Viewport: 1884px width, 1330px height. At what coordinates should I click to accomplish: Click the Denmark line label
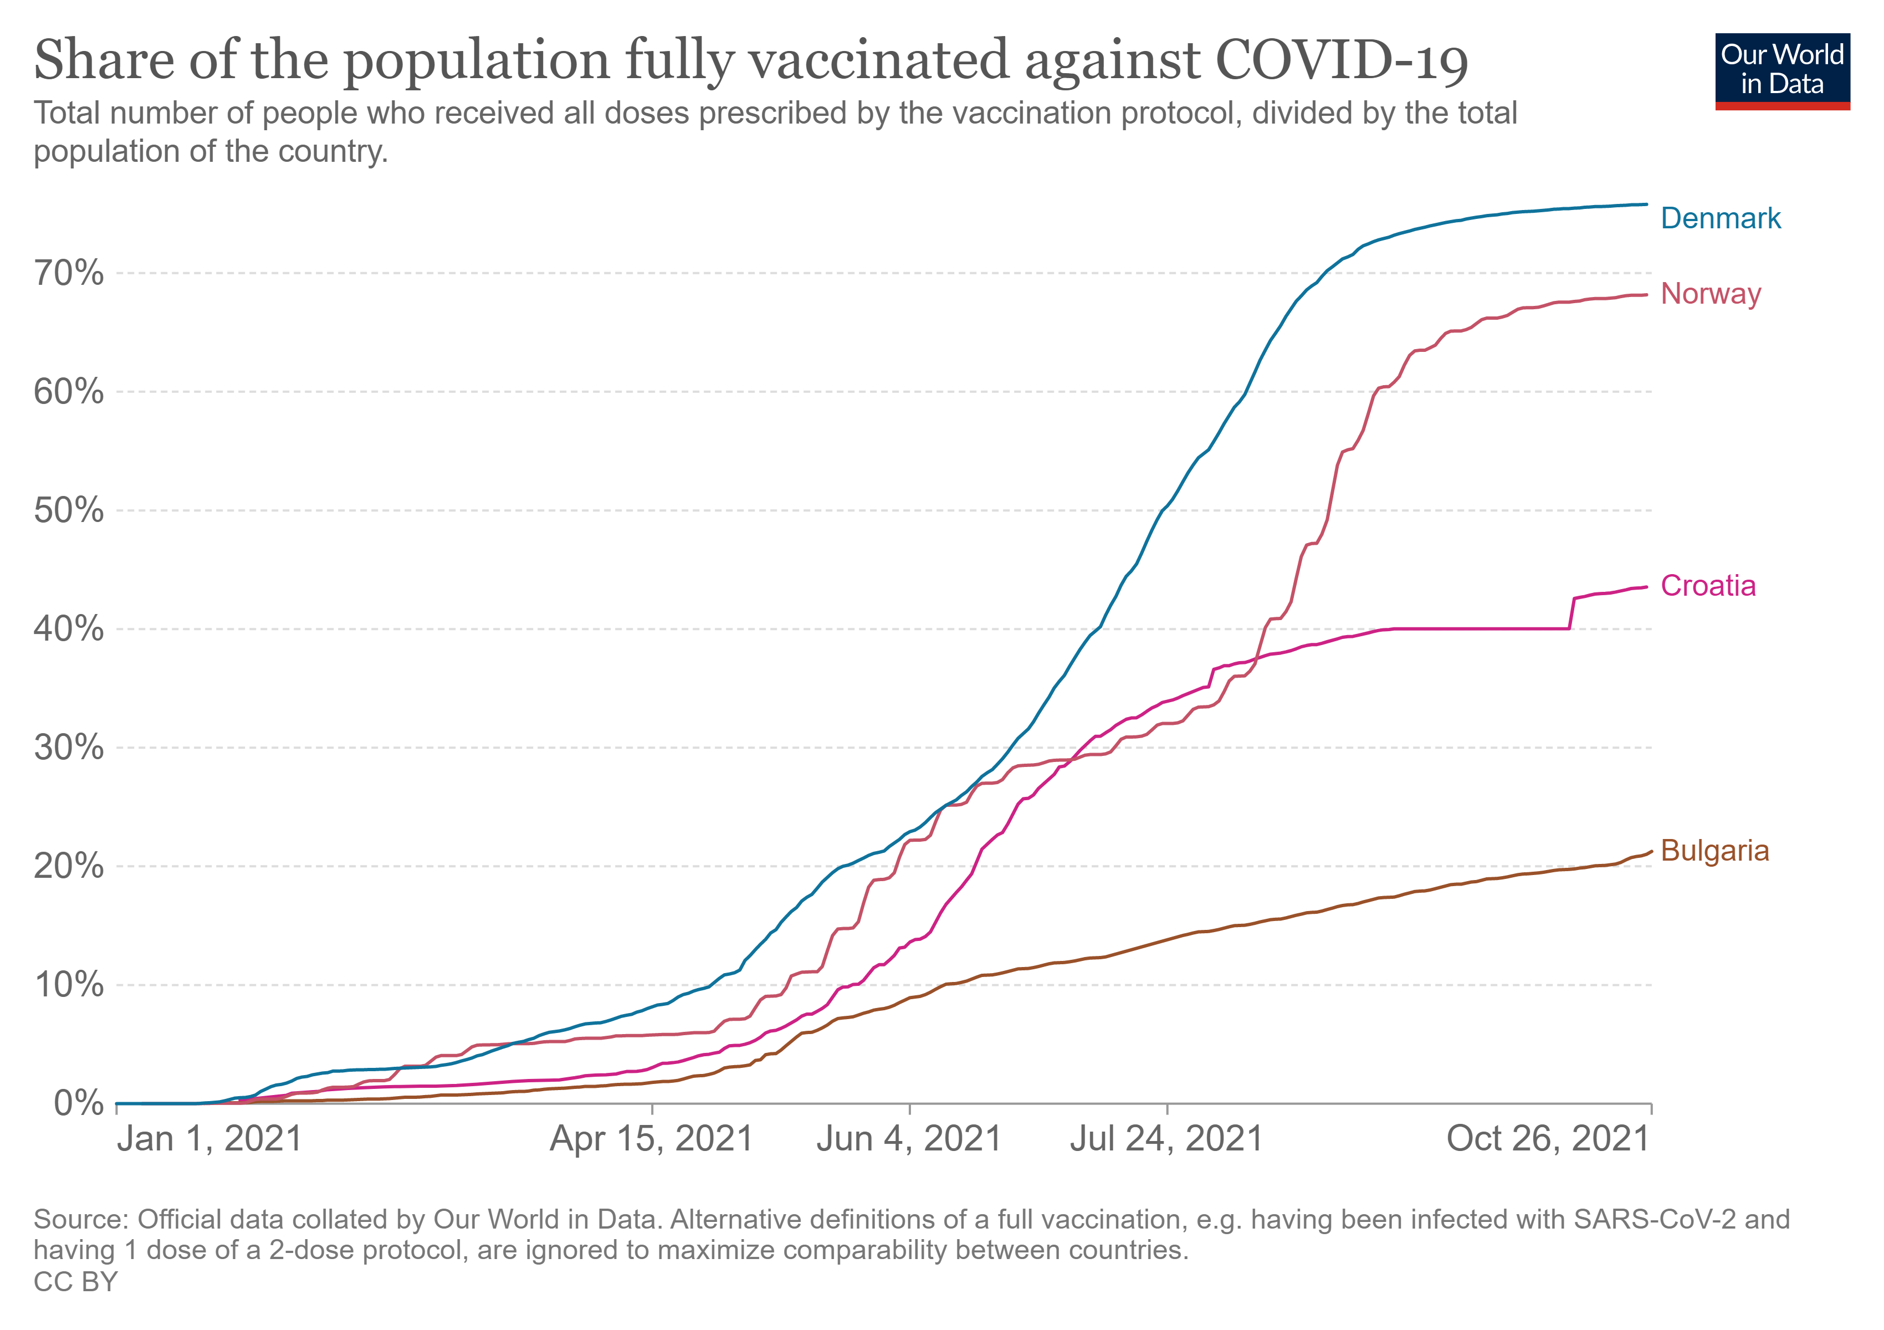[1720, 218]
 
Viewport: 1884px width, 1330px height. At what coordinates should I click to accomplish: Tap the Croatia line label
[1708, 586]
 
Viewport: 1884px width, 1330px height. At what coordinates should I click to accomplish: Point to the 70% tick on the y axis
[69, 273]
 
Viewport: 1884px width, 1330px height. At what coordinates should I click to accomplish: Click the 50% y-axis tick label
[69, 510]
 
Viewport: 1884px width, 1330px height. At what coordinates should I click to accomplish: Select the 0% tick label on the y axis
[79, 1103]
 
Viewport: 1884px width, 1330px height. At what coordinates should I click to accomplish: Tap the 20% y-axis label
[69, 866]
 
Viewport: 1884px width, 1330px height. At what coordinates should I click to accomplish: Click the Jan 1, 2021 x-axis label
[210, 1139]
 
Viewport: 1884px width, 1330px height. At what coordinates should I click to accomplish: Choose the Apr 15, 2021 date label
[652, 1139]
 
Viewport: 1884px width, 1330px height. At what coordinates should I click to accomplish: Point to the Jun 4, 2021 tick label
[909, 1139]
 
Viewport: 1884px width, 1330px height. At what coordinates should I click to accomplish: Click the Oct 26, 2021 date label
[1548, 1139]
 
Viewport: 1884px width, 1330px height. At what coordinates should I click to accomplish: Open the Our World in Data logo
[1782, 70]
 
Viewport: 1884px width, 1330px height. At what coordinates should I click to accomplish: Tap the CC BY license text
[75, 1282]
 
